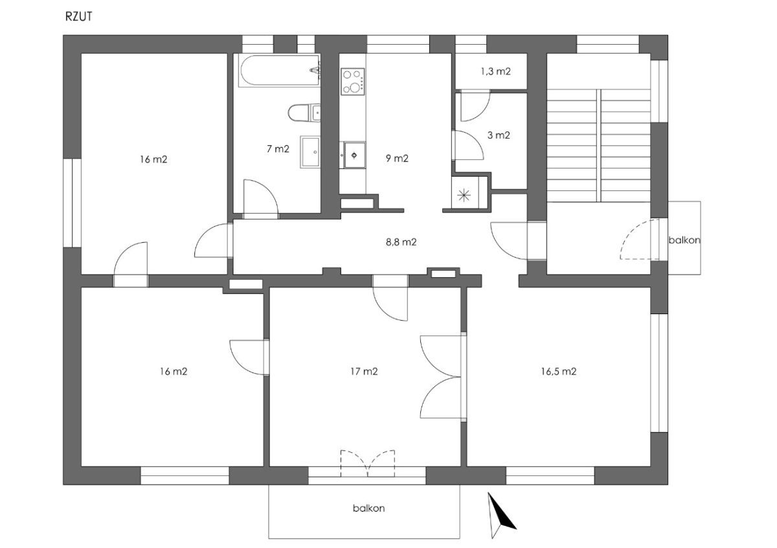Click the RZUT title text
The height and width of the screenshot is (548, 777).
[79, 17]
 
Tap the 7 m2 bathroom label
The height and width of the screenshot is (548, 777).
[278, 149]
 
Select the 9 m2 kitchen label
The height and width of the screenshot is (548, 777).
[397, 158]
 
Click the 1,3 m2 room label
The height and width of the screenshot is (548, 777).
[496, 71]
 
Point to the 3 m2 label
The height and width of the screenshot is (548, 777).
[499, 135]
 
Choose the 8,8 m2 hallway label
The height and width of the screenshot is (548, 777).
[401, 242]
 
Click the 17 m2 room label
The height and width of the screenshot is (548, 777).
[364, 371]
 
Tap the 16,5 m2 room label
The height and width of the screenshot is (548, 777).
[558, 371]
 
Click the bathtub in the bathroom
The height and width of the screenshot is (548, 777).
[279, 71]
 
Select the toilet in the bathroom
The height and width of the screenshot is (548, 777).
[304, 113]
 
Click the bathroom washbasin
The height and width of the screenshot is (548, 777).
[310, 152]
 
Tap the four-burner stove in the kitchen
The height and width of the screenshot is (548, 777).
[353, 82]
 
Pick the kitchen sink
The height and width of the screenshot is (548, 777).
[354, 155]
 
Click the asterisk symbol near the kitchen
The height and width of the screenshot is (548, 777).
[464, 196]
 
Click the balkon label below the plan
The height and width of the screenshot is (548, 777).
[368, 508]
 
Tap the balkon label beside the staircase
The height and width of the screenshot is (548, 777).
[684, 240]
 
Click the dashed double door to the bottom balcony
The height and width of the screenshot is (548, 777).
[368, 463]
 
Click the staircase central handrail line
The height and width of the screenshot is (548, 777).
[599, 145]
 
